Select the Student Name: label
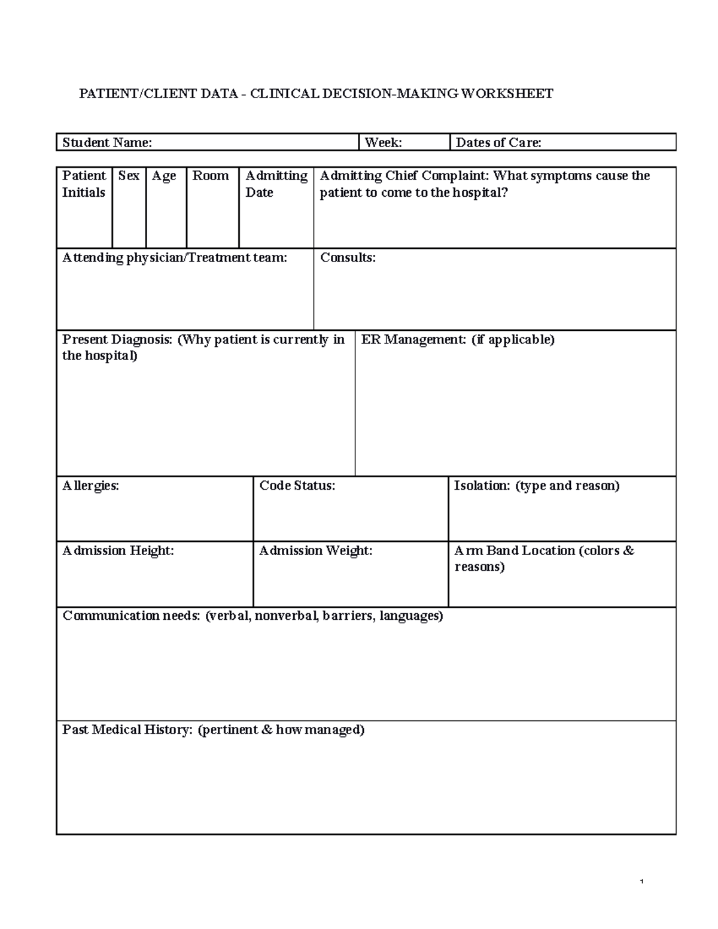(107, 142)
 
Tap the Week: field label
(383, 142)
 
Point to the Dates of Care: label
(498, 142)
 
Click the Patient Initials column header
(84, 184)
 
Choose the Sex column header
(129, 176)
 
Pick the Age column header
(164, 176)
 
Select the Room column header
(211, 176)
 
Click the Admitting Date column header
(276, 184)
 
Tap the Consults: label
(348, 258)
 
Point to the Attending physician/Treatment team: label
(175, 258)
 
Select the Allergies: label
(91, 486)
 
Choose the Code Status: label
(297, 486)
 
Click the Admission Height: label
(118, 551)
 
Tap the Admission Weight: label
(315, 551)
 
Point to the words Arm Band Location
(515, 551)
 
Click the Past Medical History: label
(127, 730)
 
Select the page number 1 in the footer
(641, 882)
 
